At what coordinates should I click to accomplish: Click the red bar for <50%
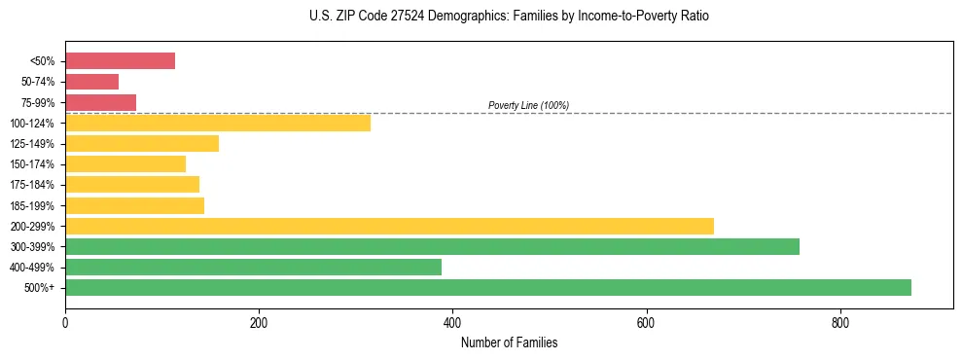[120, 61]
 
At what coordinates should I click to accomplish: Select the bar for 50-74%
[91, 82]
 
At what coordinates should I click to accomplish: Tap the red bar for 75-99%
[100, 102]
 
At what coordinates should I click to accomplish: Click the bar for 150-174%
[125, 163]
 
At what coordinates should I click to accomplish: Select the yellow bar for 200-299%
[389, 226]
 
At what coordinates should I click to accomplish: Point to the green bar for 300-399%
[432, 246]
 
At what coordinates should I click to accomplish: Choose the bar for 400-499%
[253, 267]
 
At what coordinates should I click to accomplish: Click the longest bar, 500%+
[488, 287]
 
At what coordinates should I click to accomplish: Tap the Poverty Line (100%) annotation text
[528, 105]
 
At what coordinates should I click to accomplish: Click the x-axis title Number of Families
[509, 342]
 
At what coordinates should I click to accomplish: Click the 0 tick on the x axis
[65, 322]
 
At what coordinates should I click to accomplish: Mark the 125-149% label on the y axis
[32, 144]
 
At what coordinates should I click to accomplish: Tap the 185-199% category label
[32, 205]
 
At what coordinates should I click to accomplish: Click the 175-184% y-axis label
[32, 185]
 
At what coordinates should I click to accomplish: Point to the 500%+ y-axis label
[39, 288]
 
